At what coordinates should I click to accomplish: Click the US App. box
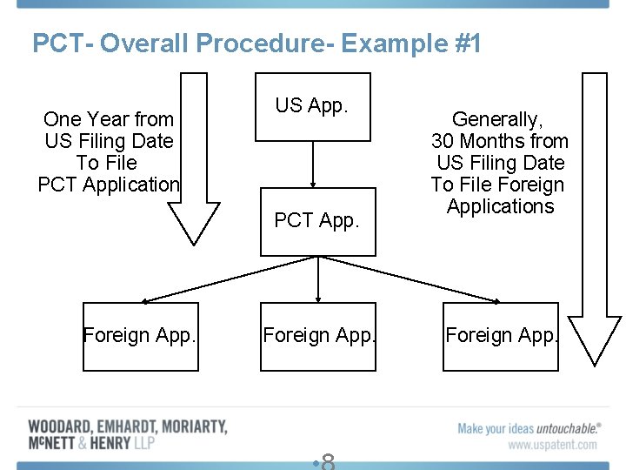[312, 106]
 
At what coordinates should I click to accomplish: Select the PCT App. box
[317, 221]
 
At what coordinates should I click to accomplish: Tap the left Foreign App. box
[140, 336]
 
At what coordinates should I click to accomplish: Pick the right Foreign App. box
[501, 336]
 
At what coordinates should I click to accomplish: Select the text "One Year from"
[109, 119]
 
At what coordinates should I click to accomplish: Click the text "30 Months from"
[500, 141]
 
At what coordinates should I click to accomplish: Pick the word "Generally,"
[498, 119]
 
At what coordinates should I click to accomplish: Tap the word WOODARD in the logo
[62, 426]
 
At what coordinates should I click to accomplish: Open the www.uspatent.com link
[553, 445]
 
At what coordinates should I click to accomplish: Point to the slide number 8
[328, 461]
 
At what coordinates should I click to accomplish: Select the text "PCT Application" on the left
[109, 185]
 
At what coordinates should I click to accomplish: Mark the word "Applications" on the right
[500, 206]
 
